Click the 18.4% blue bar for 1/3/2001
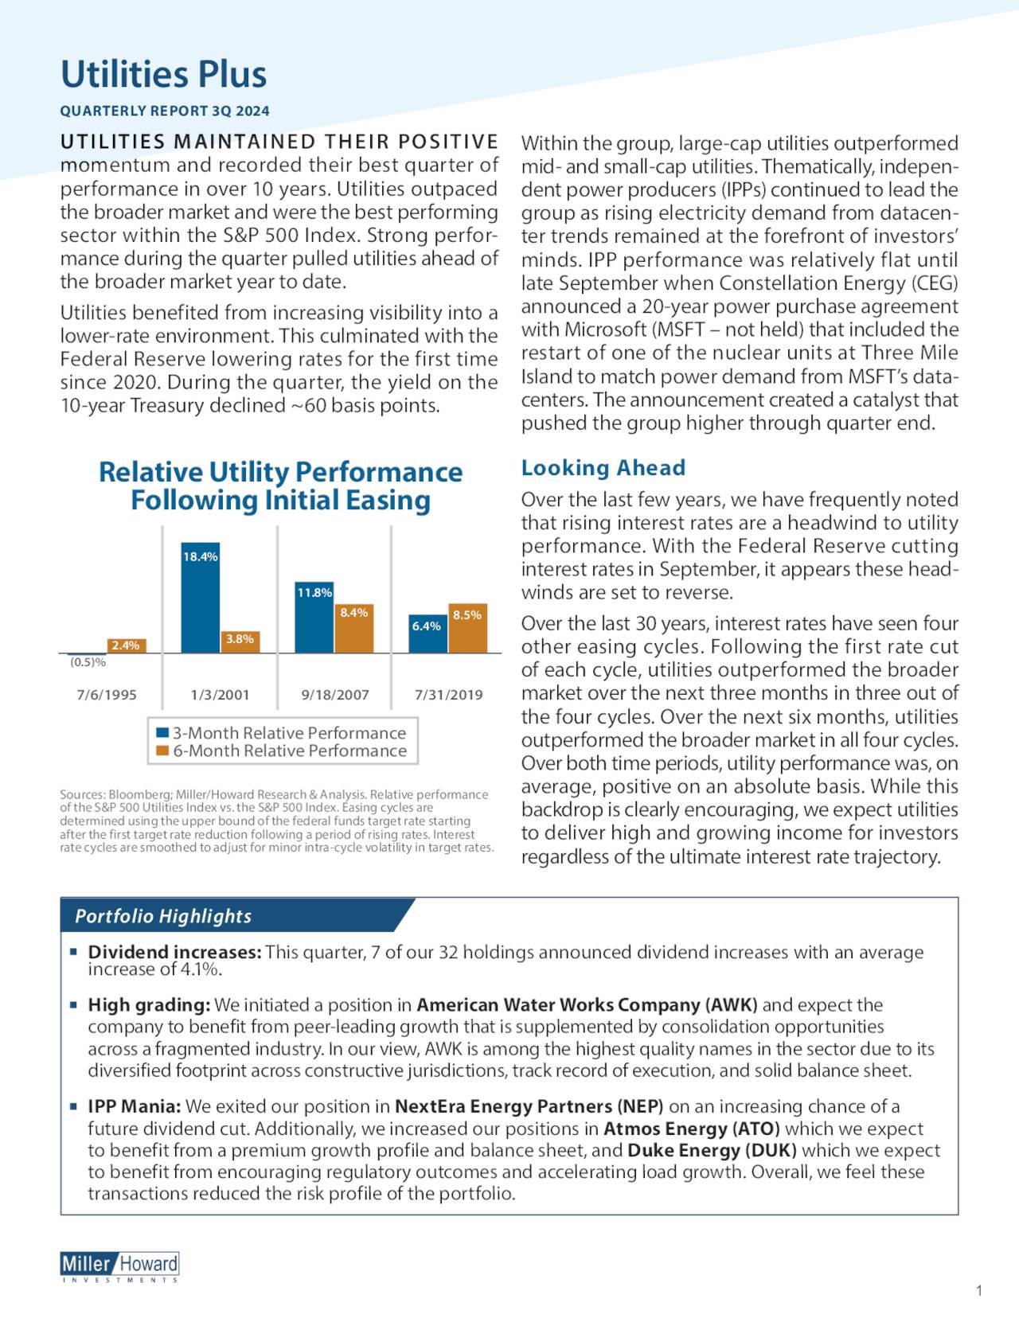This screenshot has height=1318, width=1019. (x=200, y=598)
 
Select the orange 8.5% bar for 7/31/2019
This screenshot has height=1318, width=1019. (x=467, y=629)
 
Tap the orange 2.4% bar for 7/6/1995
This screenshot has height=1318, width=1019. (x=126, y=645)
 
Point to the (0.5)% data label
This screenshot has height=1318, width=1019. (x=88, y=662)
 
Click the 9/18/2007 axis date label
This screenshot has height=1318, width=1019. (x=335, y=695)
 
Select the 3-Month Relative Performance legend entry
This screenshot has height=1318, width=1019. (x=282, y=733)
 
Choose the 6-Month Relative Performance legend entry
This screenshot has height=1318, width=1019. (x=282, y=751)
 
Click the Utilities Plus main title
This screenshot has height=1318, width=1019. (x=163, y=75)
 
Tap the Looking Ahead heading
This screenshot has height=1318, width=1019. (x=603, y=468)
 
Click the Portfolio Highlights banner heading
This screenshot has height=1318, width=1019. (x=163, y=916)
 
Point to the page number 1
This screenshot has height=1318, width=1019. (x=978, y=1291)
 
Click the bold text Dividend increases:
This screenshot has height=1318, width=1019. (x=174, y=953)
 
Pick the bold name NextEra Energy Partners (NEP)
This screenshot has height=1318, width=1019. (x=529, y=1107)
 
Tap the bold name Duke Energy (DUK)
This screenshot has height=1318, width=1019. (x=712, y=1151)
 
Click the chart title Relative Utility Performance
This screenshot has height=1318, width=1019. (x=280, y=473)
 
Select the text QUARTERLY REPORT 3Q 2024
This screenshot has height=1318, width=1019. (x=165, y=111)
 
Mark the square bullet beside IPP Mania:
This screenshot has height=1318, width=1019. (x=72, y=1107)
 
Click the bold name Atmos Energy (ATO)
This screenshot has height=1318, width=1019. (x=691, y=1129)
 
